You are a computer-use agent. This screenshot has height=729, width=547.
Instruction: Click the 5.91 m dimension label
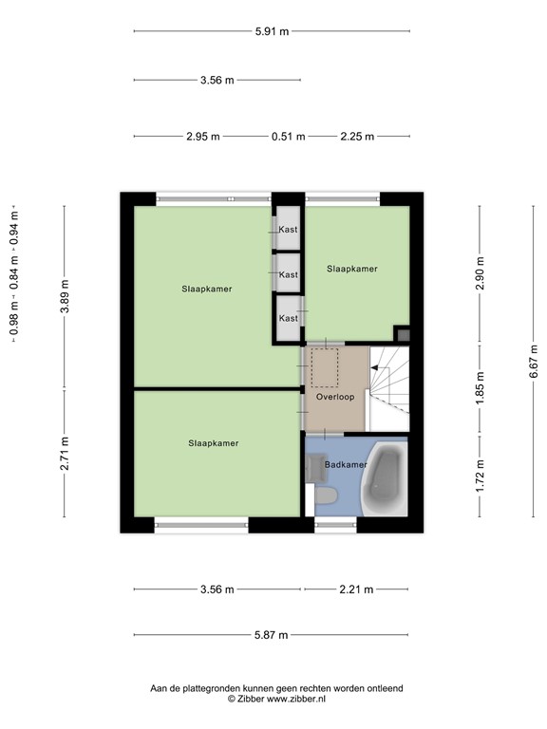pyautogui.click(x=273, y=31)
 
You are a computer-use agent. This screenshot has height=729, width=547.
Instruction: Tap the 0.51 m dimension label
pyautogui.click(x=289, y=137)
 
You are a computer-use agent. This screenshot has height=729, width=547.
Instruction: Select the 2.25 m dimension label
pyautogui.click(x=357, y=137)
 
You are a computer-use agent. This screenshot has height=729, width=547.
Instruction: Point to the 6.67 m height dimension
pyautogui.click(x=534, y=362)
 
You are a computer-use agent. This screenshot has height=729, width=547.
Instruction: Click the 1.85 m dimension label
pyautogui.click(x=480, y=388)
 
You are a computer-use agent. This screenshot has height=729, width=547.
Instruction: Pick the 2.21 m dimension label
pyautogui.click(x=356, y=589)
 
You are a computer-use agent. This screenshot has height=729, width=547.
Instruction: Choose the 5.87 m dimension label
pyautogui.click(x=272, y=635)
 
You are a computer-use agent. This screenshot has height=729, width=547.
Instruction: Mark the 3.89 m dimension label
pyautogui.click(x=65, y=296)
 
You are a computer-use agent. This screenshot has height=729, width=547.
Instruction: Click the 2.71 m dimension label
pyautogui.click(x=65, y=454)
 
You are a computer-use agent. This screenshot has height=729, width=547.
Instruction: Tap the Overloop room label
pyautogui.click(x=335, y=397)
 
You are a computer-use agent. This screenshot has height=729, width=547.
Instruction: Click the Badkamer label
pyautogui.click(x=346, y=464)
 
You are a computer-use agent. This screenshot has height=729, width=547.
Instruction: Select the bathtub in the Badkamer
pyautogui.click(x=385, y=478)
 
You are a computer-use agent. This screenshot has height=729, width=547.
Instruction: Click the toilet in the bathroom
pyautogui.click(x=326, y=495)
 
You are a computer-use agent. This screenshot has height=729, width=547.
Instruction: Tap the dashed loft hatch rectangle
pyautogui.click(x=325, y=367)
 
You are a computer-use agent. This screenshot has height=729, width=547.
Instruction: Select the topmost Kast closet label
pyautogui.click(x=289, y=229)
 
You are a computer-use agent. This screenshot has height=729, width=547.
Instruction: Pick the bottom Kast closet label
pyautogui.click(x=289, y=319)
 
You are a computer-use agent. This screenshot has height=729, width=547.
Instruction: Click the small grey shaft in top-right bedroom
pyautogui.click(x=404, y=335)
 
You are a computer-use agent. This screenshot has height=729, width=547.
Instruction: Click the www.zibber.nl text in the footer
pyautogui.click(x=296, y=699)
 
